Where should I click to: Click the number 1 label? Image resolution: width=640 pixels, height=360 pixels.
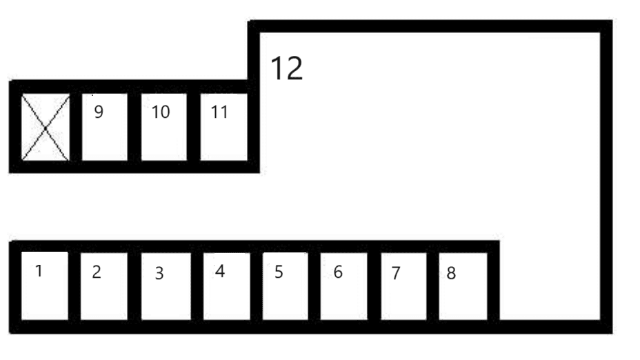point(39,271)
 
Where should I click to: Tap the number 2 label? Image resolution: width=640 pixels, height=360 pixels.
point(97,272)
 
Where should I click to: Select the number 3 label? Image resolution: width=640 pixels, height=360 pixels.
point(159,273)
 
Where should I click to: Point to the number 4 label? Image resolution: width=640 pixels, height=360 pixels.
point(220,271)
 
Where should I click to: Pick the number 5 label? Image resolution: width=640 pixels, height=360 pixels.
point(279,272)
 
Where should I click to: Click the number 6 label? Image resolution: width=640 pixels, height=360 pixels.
point(338,272)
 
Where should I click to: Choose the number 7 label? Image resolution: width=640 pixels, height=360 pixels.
point(395,273)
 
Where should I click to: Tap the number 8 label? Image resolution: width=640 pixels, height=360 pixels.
point(451,273)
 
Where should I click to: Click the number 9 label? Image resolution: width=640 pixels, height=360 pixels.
point(99,112)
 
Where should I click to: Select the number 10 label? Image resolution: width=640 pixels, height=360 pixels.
point(161,112)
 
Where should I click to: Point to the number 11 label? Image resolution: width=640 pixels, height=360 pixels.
point(219,112)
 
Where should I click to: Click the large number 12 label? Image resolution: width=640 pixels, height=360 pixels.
point(286,68)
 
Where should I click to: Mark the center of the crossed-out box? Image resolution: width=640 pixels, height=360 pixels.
point(46,128)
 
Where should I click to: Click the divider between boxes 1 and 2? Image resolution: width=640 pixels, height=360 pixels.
point(74,286)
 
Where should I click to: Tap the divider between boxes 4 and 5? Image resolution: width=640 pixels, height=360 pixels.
point(257,286)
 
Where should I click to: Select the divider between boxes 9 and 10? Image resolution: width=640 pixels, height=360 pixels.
point(134,127)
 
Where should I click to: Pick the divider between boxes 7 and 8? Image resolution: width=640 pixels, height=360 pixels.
point(432,286)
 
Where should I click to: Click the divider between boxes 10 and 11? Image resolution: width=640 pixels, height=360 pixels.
point(194,127)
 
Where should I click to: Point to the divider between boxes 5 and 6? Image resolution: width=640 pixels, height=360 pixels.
point(314,286)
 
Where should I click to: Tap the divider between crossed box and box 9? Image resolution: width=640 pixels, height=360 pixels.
point(76,127)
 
